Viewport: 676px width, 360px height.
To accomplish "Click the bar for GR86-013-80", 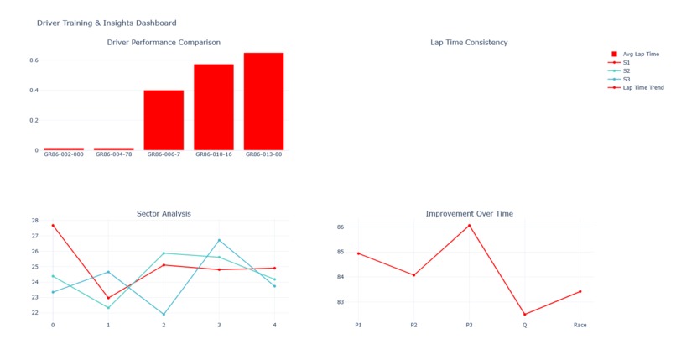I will [263, 102].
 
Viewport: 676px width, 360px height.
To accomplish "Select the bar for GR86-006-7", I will [164, 120].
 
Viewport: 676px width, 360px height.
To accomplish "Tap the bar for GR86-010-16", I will [214, 107].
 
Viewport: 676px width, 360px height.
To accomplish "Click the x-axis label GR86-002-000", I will [64, 154].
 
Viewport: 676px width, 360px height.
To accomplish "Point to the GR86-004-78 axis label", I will [114, 154].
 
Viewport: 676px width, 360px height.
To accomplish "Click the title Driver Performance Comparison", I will [164, 43].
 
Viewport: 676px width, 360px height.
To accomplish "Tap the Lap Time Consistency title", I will [469, 43].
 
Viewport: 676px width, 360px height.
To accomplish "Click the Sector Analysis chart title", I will [164, 214].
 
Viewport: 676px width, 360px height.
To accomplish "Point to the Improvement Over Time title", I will [469, 214].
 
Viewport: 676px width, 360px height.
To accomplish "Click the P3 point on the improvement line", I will [469, 226].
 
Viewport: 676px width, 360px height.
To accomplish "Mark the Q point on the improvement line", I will [524, 315].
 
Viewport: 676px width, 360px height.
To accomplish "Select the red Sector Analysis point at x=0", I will [53, 226].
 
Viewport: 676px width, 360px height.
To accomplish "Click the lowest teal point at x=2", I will [164, 315].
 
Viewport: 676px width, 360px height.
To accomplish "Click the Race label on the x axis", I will [580, 326].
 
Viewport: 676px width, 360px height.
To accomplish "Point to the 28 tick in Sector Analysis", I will [34, 221].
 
